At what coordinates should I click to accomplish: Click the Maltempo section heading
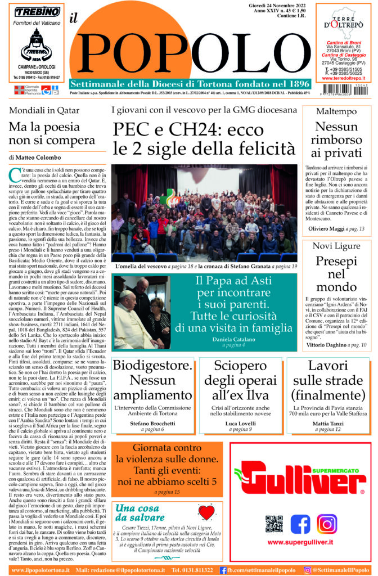[x=336, y=111]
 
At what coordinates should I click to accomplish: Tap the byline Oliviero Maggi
[x=327, y=229]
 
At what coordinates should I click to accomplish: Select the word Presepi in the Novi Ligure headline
[x=336, y=261]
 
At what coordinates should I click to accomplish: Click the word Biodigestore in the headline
[x=152, y=365]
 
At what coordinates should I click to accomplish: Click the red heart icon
[x=207, y=512]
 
